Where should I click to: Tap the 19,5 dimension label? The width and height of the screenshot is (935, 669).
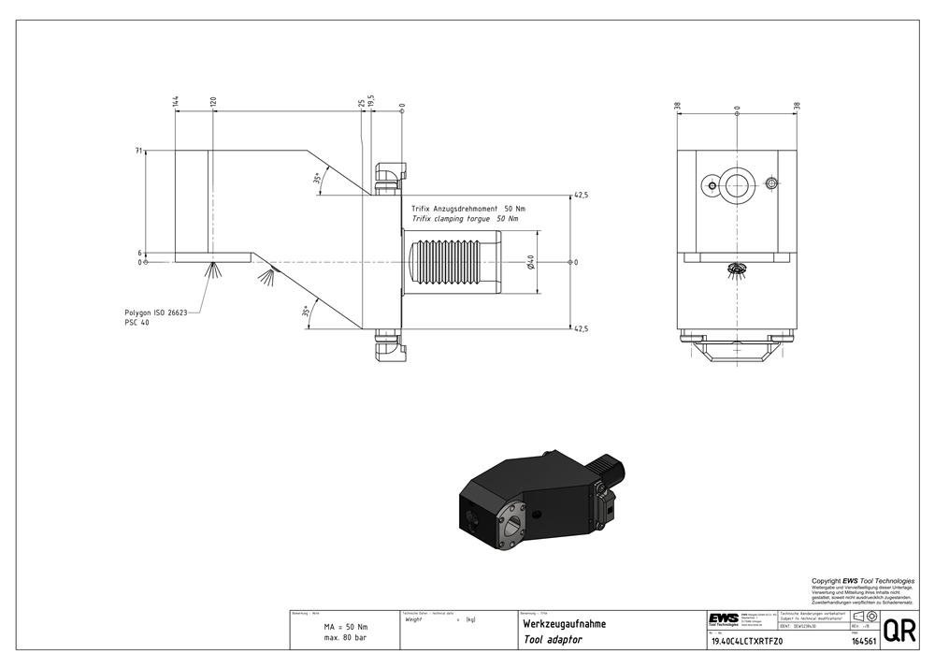point(371,100)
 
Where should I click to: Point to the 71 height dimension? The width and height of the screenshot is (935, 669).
point(138,151)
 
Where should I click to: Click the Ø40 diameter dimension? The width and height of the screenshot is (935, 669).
point(530,263)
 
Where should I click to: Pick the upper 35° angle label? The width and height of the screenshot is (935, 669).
point(318,179)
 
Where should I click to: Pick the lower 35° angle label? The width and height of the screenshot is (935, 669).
point(307,312)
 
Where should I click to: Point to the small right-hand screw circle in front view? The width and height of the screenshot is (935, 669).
point(771,182)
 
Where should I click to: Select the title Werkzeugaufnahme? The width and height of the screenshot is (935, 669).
point(564,624)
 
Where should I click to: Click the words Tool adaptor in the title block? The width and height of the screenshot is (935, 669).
point(553,640)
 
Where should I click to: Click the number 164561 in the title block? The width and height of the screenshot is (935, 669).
point(864,642)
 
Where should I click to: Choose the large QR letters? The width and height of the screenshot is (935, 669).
point(899,631)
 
